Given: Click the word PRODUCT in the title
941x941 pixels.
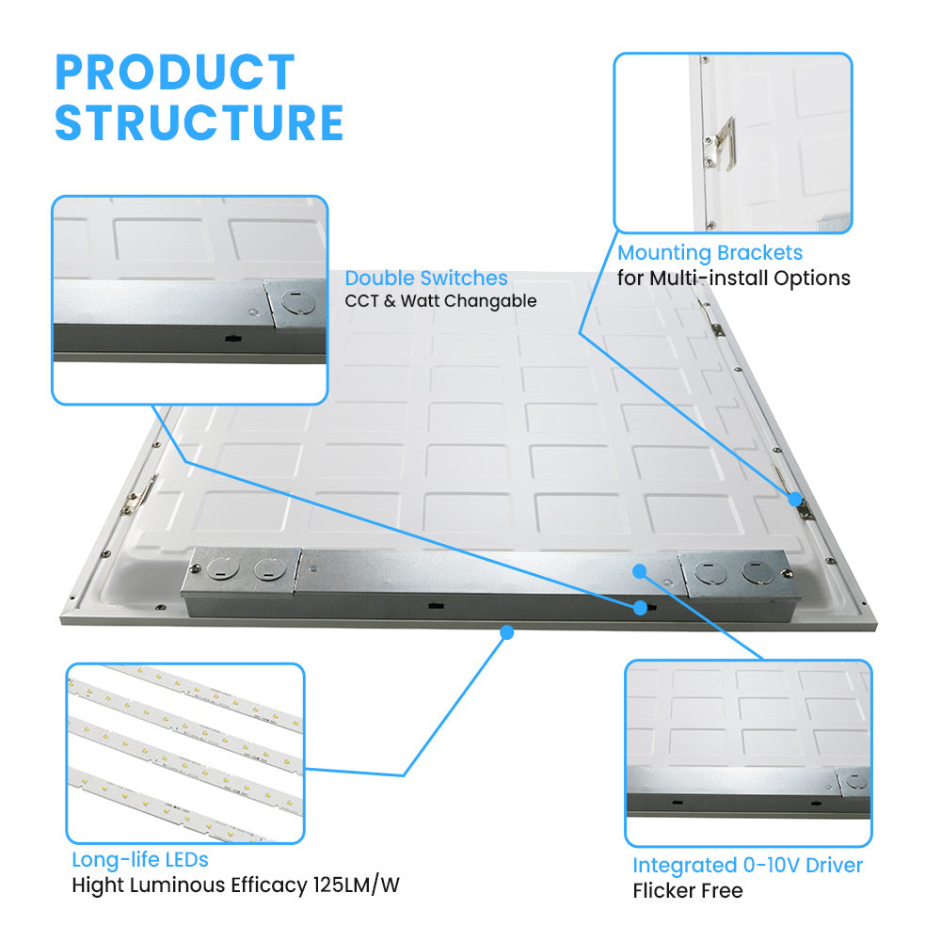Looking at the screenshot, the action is [x=175, y=72].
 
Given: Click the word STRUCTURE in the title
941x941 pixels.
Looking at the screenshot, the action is [x=199, y=122].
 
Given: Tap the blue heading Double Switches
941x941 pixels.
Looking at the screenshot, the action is [x=426, y=278].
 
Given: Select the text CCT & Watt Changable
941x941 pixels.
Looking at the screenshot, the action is [x=440, y=301].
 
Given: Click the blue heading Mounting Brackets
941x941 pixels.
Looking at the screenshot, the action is [x=710, y=253].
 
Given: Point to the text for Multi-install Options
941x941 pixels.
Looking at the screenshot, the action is [x=733, y=278].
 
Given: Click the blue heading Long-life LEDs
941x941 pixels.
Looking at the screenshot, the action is [x=140, y=859].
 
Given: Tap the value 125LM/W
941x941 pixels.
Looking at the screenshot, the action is [x=356, y=885].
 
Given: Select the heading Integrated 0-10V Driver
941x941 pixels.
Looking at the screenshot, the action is [x=748, y=865].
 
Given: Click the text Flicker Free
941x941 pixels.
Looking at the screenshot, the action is [x=688, y=890].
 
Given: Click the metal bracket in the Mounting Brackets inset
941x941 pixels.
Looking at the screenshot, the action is [x=722, y=143].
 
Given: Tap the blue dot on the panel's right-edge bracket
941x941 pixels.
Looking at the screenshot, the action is [x=795, y=500].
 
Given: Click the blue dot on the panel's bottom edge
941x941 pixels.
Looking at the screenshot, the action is [x=507, y=632].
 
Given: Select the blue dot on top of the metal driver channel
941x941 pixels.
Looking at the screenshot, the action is [x=640, y=571].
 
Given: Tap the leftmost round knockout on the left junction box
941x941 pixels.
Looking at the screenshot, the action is [x=223, y=567].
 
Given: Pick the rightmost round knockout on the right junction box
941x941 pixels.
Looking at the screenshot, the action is [x=757, y=571].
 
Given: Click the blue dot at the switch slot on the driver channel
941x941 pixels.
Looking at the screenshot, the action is [x=640, y=608].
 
